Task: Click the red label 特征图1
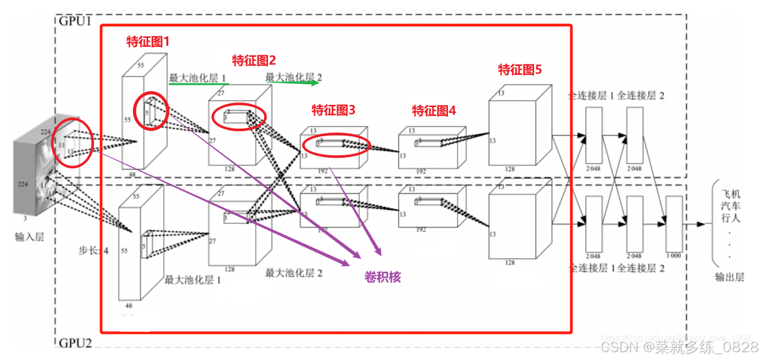pos(147,41)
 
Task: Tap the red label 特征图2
pos(254,61)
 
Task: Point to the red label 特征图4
pos(434,110)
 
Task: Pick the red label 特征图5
pos(520,70)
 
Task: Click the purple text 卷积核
pos(382,277)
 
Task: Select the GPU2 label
pos(76,343)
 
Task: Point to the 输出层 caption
pos(729,277)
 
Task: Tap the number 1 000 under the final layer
pos(674,256)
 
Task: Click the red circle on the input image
pos(72,143)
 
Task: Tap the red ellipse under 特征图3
pos(336,145)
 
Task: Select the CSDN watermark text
pos(679,346)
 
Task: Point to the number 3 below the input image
pos(25,219)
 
